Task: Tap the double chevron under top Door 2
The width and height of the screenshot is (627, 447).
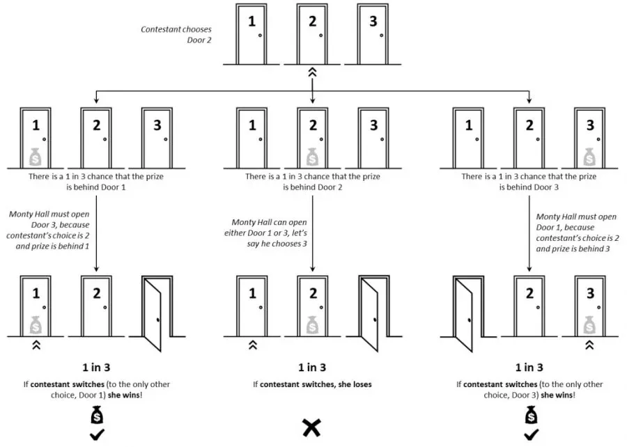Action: [313, 72]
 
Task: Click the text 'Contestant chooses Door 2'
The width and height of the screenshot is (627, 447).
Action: [176, 34]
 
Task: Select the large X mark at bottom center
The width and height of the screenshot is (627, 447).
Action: [311, 427]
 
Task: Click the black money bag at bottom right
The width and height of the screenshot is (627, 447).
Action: [531, 416]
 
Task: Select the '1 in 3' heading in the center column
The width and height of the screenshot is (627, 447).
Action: [313, 368]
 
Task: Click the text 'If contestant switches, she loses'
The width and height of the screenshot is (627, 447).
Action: [312, 384]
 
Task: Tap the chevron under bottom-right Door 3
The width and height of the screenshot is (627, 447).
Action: [589, 344]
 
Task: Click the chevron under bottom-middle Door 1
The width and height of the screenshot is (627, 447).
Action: [252, 344]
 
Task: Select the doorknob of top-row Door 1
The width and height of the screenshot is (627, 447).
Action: [260, 36]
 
